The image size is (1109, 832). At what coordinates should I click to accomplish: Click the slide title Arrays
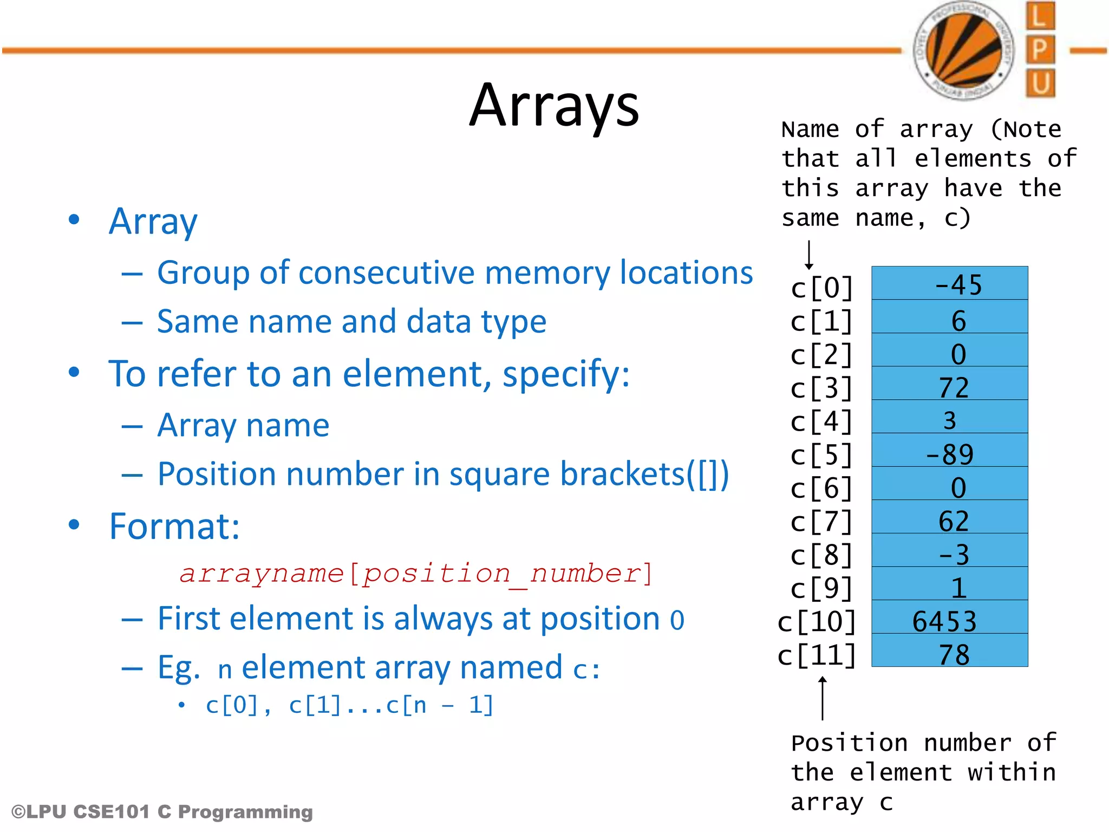[x=554, y=106]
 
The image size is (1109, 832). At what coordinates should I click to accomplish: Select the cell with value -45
[x=949, y=284]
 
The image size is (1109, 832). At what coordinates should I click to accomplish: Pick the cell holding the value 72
[x=949, y=385]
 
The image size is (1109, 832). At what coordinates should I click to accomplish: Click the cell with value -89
[x=949, y=451]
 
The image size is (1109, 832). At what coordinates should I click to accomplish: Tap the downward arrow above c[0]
[x=808, y=255]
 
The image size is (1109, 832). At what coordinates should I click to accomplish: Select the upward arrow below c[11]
[x=822, y=698]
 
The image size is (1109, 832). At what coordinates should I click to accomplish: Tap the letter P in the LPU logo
[x=1040, y=50]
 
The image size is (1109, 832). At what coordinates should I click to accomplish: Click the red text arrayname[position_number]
[x=416, y=573]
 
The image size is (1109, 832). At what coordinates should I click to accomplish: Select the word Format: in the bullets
[x=174, y=526]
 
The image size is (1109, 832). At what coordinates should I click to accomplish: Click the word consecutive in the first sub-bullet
[x=387, y=272]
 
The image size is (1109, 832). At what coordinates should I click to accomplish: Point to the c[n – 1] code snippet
[x=440, y=705]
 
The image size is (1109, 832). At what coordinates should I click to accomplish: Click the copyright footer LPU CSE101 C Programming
[x=162, y=811]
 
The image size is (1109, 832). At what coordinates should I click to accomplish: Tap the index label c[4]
[x=821, y=421]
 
